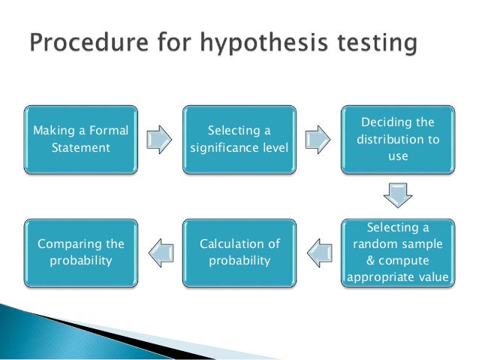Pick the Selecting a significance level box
point(239,139)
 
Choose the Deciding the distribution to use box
point(398,139)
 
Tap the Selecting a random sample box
point(398,253)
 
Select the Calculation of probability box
point(239,253)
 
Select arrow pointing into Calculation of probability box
point(318,253)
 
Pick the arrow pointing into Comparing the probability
point(159,253)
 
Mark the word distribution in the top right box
point(390,139)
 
